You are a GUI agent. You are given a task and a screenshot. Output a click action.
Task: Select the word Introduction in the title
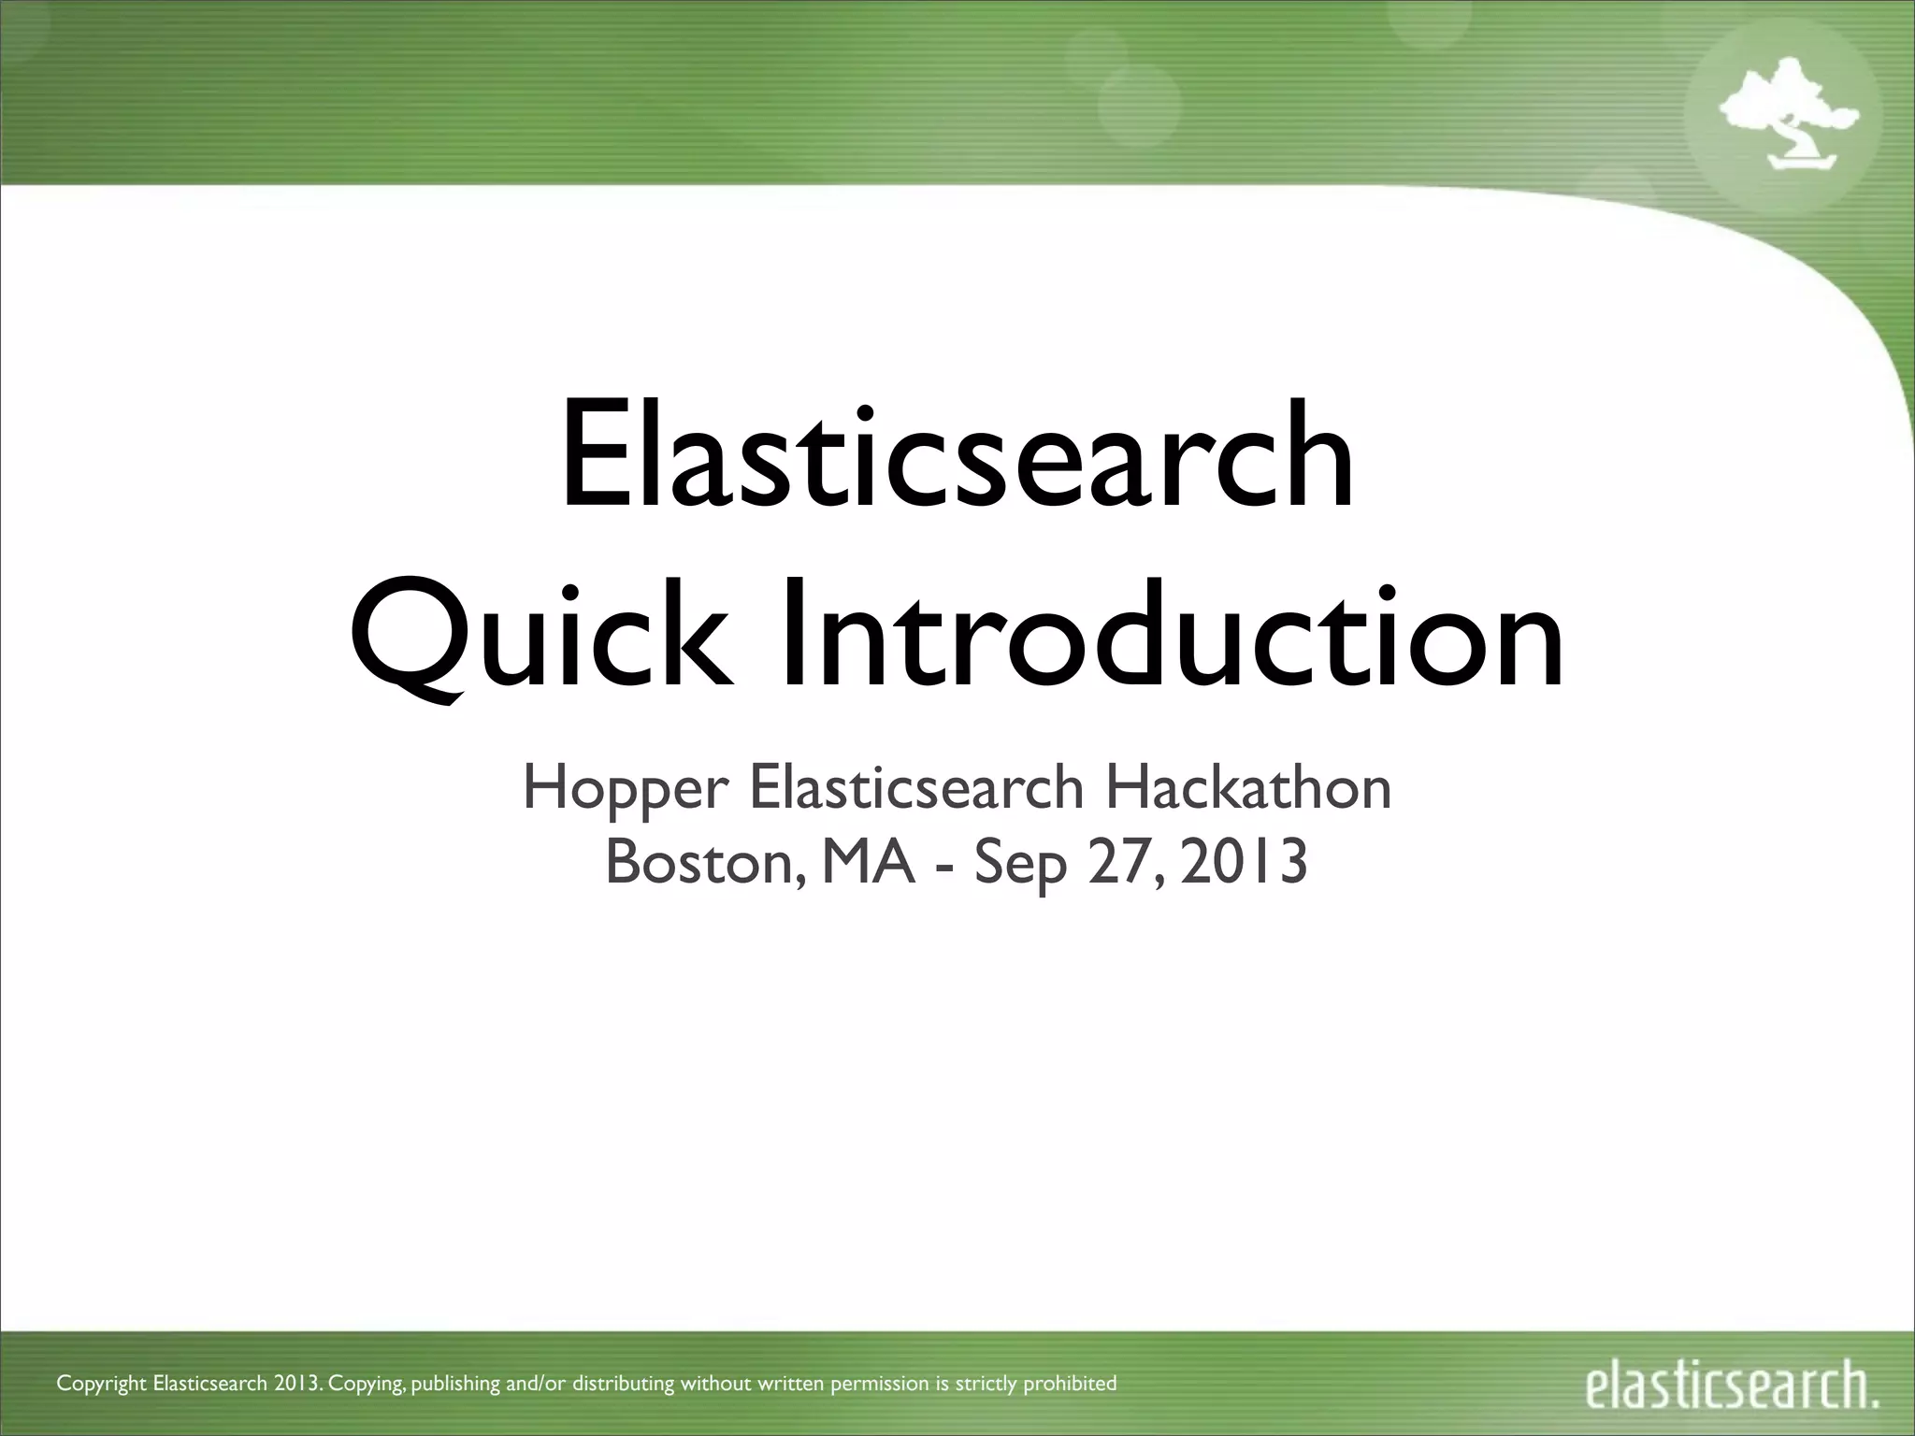point(1171,636)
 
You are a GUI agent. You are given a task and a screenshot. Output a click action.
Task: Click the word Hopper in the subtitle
point(626,788)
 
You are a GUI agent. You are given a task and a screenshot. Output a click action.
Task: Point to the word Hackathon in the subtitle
point(1248,788)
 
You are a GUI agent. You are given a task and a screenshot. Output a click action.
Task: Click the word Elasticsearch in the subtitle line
point(915,788)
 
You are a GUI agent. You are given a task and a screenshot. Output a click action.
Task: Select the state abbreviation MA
point(869,862)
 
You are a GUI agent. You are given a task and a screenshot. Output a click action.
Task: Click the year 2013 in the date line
point(1244,862)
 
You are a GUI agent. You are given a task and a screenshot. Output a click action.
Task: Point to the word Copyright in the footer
point(102,1383)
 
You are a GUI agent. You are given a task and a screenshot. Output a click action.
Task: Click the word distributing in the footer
point(623,1383)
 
